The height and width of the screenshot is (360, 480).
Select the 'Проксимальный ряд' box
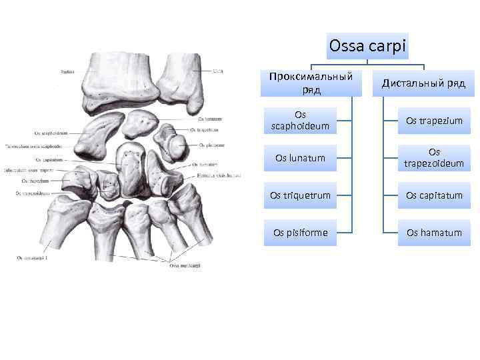(310, 83)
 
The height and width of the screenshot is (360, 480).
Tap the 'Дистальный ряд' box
(423, 83)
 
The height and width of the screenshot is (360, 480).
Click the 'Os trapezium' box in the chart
(434, 121)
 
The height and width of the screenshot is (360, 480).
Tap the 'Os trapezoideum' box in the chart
(434, 158)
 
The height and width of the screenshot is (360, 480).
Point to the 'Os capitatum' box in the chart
(434, 195)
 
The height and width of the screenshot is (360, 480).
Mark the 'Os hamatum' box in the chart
(434, 232)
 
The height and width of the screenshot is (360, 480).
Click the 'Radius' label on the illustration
(67, 71)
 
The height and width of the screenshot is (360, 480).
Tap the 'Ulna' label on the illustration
(217, 71)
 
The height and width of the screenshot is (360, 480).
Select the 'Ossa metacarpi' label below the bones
(185, 266)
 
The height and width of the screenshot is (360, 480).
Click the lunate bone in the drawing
(139, 123)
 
